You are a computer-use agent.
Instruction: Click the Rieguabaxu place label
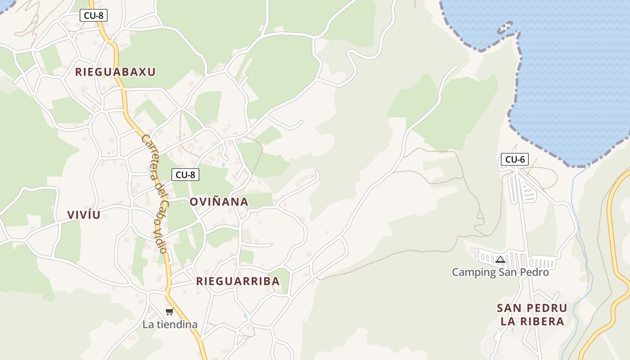[x=115, y=72]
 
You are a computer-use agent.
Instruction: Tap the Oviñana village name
[x=219, y=202]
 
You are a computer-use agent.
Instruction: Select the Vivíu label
[x=84, y=215]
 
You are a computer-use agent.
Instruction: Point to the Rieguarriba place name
[x=238, y=281]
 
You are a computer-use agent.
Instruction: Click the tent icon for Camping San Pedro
[x=500, y=259]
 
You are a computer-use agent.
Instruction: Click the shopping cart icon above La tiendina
[x=169, y=312]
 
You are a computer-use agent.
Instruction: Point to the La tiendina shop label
[x=170, y=324]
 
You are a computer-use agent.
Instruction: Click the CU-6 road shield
[x=515, y=159]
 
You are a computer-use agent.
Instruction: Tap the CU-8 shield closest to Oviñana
[x=185, y=175]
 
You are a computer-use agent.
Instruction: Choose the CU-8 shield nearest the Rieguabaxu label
[x=94, y=15]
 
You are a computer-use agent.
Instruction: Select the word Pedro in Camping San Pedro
[x=535, y=272]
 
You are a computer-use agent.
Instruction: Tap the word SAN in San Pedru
[x=508, y=308]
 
